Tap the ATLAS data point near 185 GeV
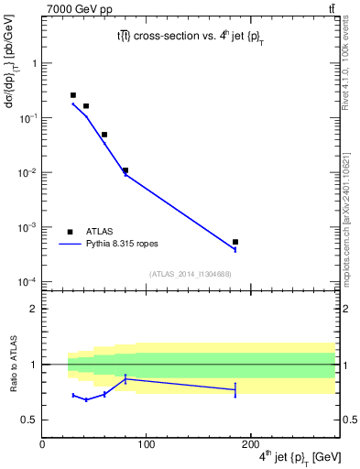pyautogui.click(x=235, y=242)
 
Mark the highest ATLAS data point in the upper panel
pyautogui.click(x=73, y=95)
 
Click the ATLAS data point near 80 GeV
pyautogui.click(x=125, y=170)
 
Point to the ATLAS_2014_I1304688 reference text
pyautogui.click(x=190, y=274)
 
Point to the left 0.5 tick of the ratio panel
pyautogui.click(x=30, y=420)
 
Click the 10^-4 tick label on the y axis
pyautogui.click(x=27, y=281)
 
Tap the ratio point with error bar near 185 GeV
pyautogui.click(x=235, y=390)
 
